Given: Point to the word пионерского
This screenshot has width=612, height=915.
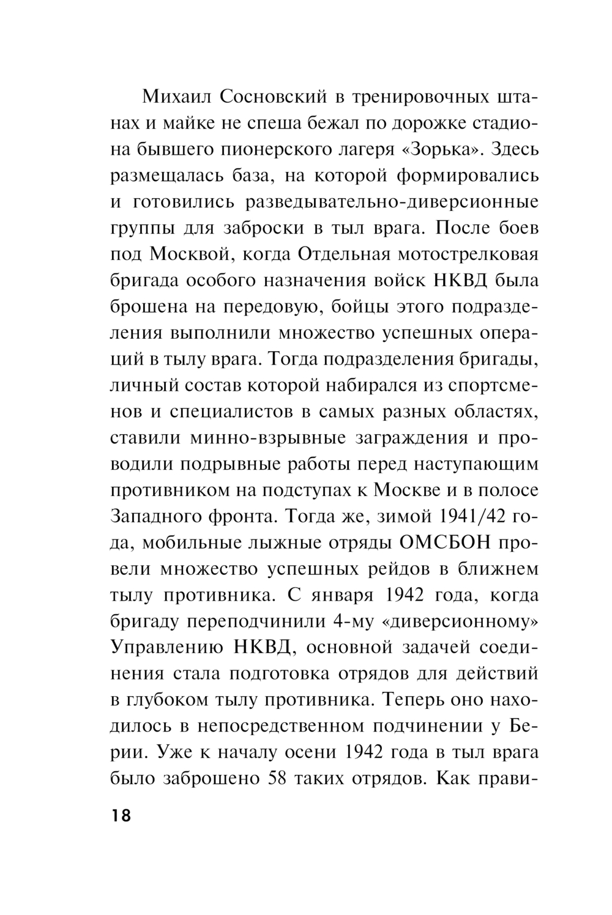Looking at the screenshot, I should click(264, 149).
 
